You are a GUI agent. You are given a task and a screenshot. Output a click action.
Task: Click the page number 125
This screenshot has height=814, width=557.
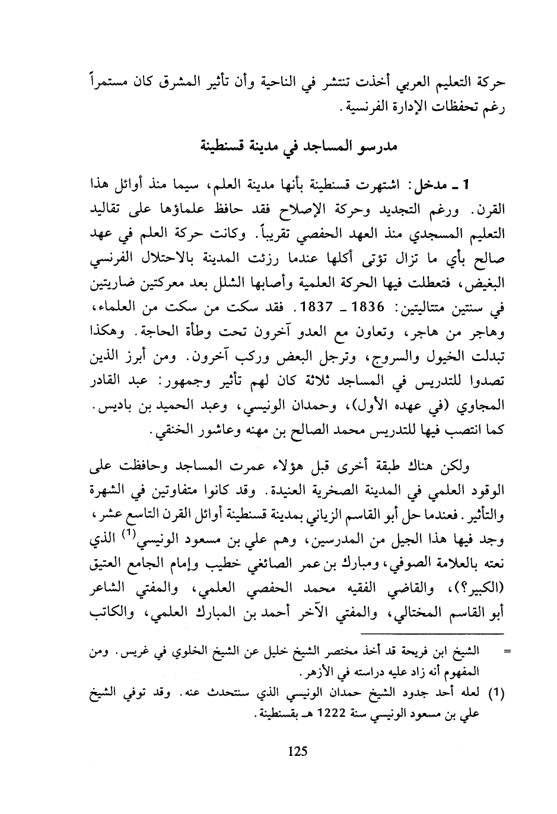[x=297, y=752]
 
